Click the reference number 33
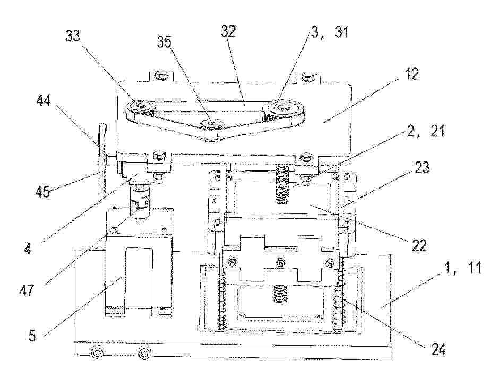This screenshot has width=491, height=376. (73, 36)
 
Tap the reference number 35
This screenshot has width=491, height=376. (165, 41)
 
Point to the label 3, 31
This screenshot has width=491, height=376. (329, 32)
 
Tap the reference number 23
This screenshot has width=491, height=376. (421, 168)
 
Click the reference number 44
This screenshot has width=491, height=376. (44, 100)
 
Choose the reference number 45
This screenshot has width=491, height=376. (43, 191)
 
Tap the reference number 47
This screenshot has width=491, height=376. (26, 290)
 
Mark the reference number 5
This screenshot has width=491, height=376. (32, 336)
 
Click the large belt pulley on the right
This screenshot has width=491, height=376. (283, 110)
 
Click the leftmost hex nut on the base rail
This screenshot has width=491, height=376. (96, 353)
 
